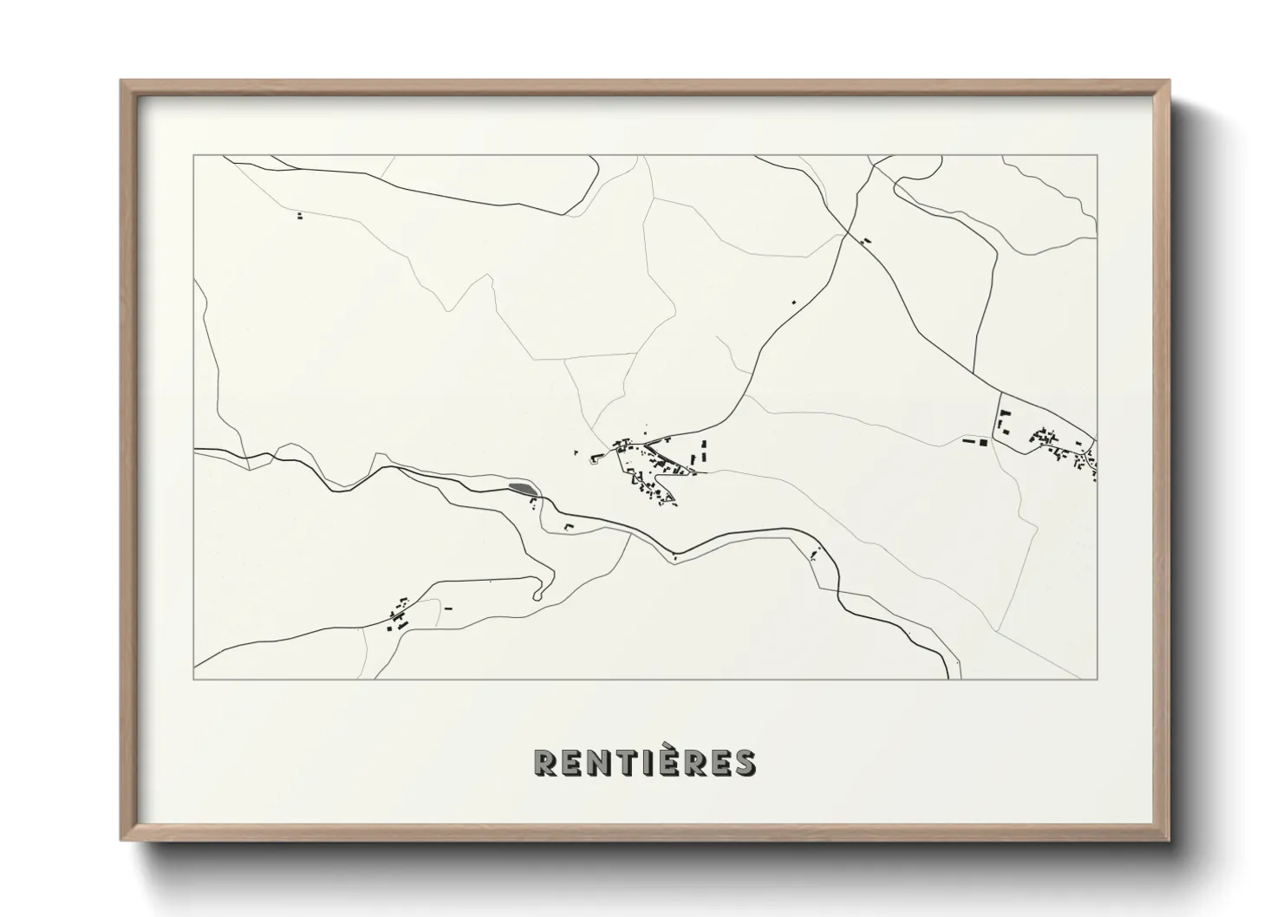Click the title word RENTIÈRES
coord(644,761)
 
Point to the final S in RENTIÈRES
coord(744,762)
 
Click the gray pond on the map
coord(522,490)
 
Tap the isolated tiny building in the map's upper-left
coord(300,216)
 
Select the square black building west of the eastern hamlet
coord(982,442)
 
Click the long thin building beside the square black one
coord(968,442)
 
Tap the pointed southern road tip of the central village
coord(674,504)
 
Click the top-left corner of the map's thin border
coord(194,156)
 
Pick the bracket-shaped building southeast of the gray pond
coord(570,526)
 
